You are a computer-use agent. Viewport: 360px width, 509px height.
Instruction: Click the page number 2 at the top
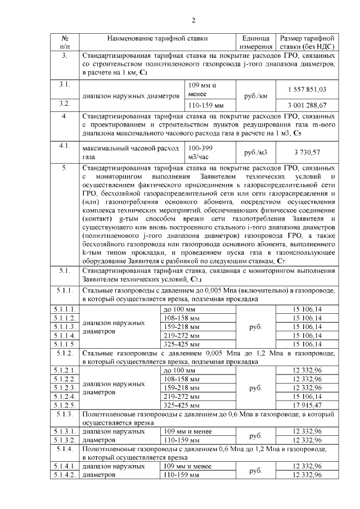coord(193,21)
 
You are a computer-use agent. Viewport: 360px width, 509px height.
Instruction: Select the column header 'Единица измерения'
coord(256,42)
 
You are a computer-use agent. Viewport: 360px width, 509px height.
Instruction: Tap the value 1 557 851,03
coord(307,89)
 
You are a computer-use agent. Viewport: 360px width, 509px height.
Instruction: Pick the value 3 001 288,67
coord(307,105)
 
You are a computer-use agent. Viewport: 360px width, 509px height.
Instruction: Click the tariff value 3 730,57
coord(307,152)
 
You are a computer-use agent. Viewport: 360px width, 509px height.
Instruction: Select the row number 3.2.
coord(64,104)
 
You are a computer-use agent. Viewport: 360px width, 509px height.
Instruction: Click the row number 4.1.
coord(64,146)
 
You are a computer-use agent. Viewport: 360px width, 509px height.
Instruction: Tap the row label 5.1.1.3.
coord(64,327)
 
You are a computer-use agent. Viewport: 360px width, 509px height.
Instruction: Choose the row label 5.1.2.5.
coord(64,405)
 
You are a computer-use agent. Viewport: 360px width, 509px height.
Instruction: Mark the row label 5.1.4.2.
coord(64,475)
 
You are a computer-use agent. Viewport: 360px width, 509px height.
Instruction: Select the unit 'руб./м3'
coord(256,152)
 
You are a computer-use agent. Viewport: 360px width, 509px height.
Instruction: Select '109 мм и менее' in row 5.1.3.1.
coord(186,431)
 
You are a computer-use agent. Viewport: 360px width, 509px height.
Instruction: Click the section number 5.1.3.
coord(64,415)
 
